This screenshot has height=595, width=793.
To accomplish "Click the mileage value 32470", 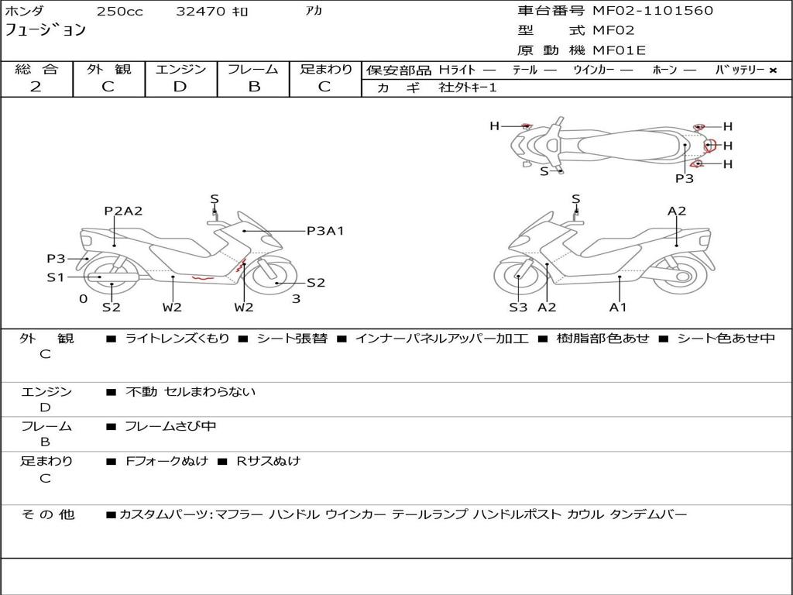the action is (x=201, y=12).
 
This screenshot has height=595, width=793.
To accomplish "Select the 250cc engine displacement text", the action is (x=119, y=12).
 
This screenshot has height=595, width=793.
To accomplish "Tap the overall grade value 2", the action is (x=36, y=87).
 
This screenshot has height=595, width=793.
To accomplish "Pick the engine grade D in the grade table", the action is (x=180, y=87).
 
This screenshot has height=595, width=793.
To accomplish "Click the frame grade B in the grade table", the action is (x=253, y=87).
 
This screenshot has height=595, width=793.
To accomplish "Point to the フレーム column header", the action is (x=252, y=70).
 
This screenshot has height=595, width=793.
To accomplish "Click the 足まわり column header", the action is (x=326, y=70).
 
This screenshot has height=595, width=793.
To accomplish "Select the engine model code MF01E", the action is (x=619, y=51).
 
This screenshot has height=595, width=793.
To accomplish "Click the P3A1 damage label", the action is (x=325, y=230).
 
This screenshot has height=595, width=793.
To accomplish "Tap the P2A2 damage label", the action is (x=124, y=211).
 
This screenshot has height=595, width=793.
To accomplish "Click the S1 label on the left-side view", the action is (x=55, y=277).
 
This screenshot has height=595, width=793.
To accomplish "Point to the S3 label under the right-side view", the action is (x=518, y=308).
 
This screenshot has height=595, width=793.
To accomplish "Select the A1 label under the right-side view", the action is (x=618, y=308).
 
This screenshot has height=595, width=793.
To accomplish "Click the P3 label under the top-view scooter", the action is (x=684, y=178).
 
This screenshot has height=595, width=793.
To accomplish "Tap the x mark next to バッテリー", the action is (x=772, y=71).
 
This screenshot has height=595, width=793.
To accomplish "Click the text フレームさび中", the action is (x=170, y=426).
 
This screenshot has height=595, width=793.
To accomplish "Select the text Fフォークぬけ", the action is (x=166, y=461).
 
